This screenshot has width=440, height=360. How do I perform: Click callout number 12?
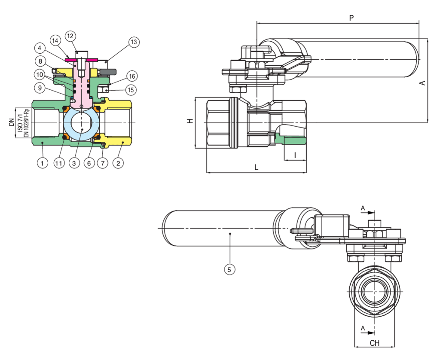click(70, 35)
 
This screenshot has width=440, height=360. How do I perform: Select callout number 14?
click(55, 41)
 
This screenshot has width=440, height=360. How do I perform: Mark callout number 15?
click(131, 90)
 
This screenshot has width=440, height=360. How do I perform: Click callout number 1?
click(42, 163)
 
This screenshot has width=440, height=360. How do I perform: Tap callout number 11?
click(59, 163)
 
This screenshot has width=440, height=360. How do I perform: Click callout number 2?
click(119, 163)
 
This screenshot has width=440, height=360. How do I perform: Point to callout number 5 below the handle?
click(230, 269)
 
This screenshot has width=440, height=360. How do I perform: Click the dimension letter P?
click(351, 18)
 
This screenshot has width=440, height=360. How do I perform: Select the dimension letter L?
click(257, 168)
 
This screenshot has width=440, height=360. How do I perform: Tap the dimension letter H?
click(189, 122)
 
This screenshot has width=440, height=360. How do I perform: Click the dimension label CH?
click(375, 343)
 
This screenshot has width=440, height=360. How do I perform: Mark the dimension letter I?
click(295, 154)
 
